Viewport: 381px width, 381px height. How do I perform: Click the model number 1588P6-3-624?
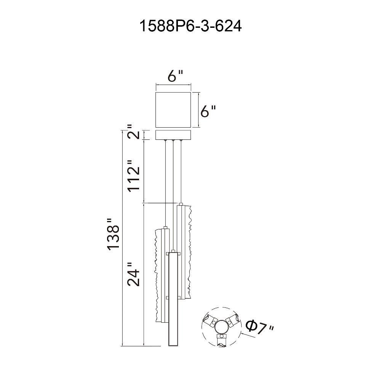pyautogui.click(x=190, y=27)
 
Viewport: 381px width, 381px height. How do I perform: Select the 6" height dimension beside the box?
pyautogui.click(x=208, y=111)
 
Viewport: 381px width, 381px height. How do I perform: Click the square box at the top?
pyautogui.click(x=173, y=109)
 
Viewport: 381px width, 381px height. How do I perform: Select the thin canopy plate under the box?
pyautogui.click(x=173, y=135)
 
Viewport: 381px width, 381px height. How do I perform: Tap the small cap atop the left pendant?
pyautogui.click(x=165, y=227)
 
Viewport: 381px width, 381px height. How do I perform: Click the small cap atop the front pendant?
pyautogui.click(x=174, y=251)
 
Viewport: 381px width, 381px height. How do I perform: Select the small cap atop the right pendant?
pyautogui.click(x=181, y=204)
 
